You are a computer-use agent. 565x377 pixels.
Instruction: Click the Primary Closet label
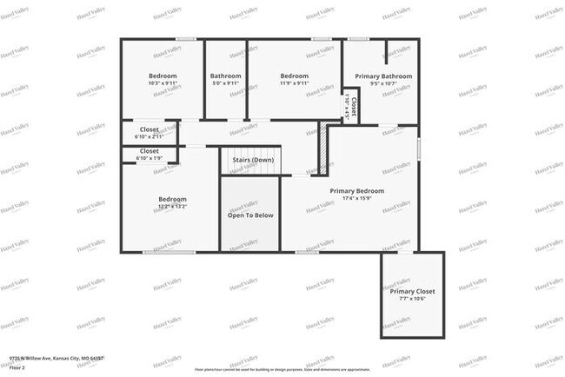point(412,291)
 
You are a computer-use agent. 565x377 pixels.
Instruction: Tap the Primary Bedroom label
point(356,190)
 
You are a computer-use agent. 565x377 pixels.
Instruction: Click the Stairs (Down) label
point(252,161)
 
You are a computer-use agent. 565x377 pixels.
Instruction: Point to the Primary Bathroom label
point(383,76)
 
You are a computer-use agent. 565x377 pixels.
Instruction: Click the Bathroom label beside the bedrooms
point(225,76)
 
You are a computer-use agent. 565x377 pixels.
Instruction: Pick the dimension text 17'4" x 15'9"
point(356,199)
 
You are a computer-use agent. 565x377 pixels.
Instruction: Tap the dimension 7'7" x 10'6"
point(412,299)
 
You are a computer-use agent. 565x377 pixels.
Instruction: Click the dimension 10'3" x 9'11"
point(163,84)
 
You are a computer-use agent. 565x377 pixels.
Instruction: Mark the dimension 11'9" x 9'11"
point(295,84)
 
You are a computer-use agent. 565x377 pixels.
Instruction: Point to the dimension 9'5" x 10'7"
point(383,84)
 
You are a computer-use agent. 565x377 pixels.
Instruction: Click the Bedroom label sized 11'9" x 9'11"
point(295,76)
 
